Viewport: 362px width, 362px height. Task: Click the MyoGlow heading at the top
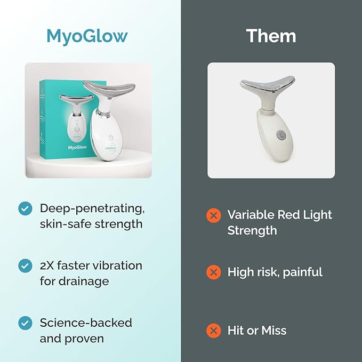[87, 36]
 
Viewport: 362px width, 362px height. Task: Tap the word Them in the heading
[271, 36]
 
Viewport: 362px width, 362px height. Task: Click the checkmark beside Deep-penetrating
[25, 208]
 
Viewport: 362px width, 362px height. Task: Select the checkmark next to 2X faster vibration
[25, 265]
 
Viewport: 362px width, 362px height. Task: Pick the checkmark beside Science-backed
[25, 323]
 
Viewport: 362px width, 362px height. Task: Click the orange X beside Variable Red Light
[213, 215]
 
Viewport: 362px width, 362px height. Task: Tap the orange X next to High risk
[213, 272]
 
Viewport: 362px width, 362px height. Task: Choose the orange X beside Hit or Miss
[213, 331]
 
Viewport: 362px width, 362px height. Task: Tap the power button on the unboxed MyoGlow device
[111, 137]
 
